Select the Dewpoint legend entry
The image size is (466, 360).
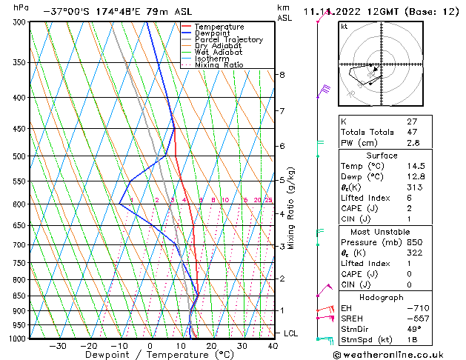click(x=217, y=33)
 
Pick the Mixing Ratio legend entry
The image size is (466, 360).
click(x=219, y=65)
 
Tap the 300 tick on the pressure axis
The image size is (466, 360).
click(x=19, y=22)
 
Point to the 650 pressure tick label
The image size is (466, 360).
click(x=19, y=225)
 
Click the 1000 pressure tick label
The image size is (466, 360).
click(x=17, y=339)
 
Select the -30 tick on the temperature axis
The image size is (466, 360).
click(x=58, y=346)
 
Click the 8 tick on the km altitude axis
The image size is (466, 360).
click(x=282, y=75)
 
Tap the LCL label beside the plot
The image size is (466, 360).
click(x=290, y=333)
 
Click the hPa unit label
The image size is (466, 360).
click(x=21, y=7)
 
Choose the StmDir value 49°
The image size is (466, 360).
click(x=414, y=329)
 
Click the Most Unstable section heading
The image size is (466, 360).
click(x=382, y=231)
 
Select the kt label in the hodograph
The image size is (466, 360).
click(x=344, y=26)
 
